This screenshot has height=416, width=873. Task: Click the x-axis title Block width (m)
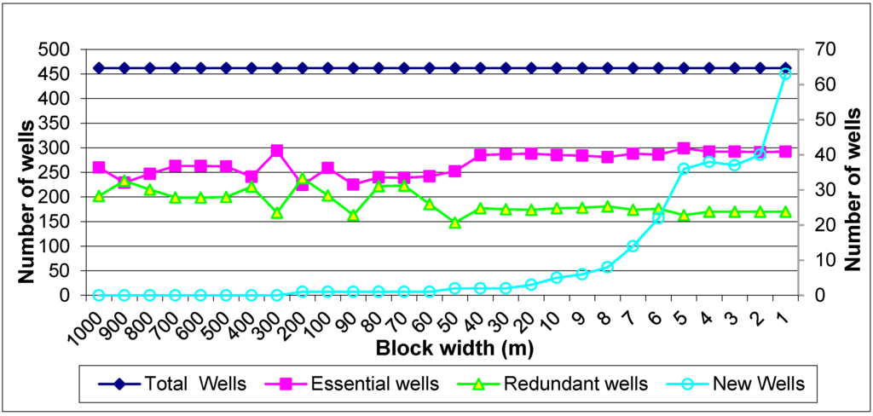click(x=446, y=349)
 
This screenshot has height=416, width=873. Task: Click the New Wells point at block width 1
click(x=785, y=74)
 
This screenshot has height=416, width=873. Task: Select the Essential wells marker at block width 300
click(x=277, y=151)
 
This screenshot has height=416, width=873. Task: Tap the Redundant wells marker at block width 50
click(x=455, y=222)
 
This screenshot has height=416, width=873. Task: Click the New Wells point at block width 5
click(x=684, y=169)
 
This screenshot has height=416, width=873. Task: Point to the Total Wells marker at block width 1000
click(x=99, y=68)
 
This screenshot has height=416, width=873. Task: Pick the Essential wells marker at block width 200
click(x=303, y=184)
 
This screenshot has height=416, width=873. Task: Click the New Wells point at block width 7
click(x=633, y=246)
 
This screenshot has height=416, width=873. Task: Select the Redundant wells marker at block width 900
click(x=124, y=181)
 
